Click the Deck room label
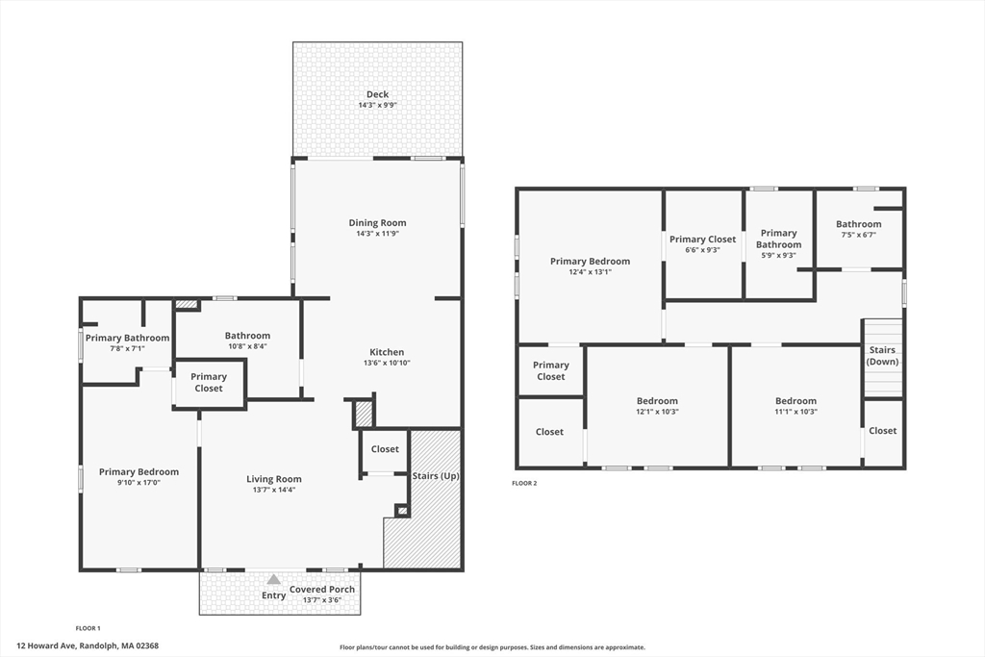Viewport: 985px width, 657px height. click(377, 94)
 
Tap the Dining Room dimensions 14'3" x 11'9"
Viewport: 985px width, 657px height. click(377, 234)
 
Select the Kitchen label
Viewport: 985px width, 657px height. click(387, 352)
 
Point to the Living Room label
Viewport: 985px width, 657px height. click(274, 479)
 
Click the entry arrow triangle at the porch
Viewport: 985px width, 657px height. click(274, 579)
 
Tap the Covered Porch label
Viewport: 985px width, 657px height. click(322, 589)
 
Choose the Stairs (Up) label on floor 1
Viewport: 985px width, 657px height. click(436, 476)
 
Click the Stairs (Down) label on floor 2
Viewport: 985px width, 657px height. click(883, 356)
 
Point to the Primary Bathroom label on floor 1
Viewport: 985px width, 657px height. click(128, 338)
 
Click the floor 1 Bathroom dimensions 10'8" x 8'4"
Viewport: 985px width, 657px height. click(247, 346)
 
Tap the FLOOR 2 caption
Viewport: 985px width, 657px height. click(524, 483)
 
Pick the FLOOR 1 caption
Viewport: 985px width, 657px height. click(88, 628)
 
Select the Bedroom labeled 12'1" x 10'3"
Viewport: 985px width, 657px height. click(657, 401)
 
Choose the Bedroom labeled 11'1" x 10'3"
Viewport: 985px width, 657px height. click(796, 401)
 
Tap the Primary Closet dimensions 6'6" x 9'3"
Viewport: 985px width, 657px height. click(702, 250)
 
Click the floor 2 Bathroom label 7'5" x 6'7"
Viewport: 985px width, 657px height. click(859, 224)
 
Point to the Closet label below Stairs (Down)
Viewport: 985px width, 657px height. click(883, 431)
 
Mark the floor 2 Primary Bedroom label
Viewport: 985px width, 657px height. click(590, 262)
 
